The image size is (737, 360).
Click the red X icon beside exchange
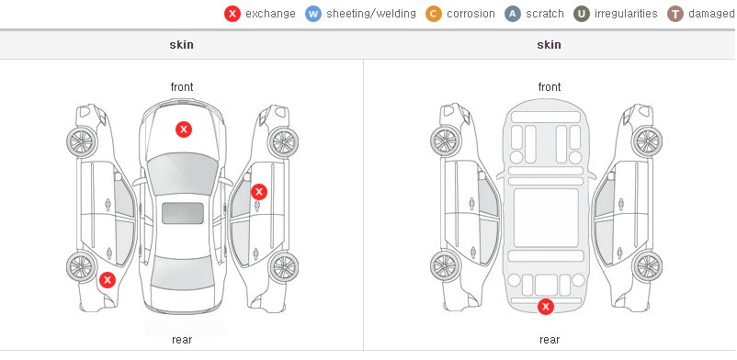coord(232,14)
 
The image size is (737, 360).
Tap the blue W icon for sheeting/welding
coord(313,14)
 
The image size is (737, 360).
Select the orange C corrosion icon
coord(434,14)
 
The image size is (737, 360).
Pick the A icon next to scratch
coord(513,14)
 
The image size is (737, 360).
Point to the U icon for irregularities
coord(582,14)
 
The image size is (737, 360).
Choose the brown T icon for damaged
coord(675,14)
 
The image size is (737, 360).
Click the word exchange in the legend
coord(270,14)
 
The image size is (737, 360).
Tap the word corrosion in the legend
coord(471,14)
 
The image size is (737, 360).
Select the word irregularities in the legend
coord(626,14)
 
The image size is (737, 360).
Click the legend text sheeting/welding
coord(371,14)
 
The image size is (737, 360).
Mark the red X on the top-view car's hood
coord(184,129)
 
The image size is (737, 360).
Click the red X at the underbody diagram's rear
coord(546,307)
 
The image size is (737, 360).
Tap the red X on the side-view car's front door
coord(259,192)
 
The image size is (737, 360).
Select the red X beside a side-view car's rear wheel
coord(108,280)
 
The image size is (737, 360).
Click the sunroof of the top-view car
coord(183,213)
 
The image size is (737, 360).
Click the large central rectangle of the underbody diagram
coord(546,218)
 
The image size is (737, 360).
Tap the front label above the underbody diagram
coord(550,87)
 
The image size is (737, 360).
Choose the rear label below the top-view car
coord(182,340)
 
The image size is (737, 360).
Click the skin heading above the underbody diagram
coord(549,45)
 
